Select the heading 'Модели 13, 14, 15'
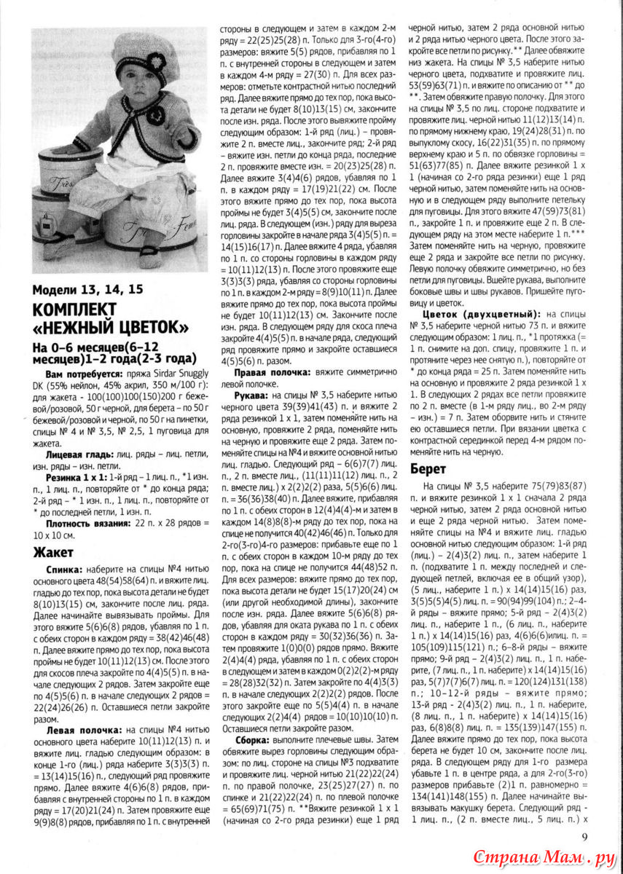pos(88,289)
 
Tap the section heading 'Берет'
pos(428,468)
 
